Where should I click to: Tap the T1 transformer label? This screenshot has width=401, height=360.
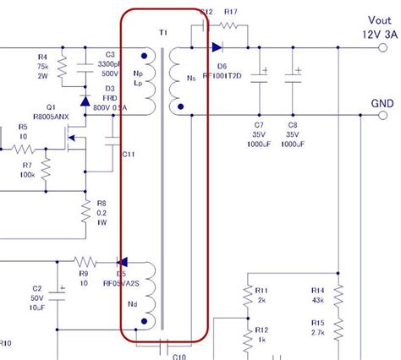(x=163, y=31)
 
